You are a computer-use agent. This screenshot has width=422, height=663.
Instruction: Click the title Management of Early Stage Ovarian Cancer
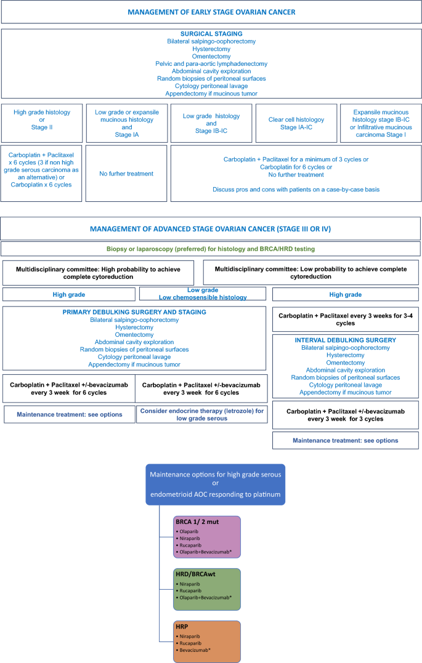coord(211,12)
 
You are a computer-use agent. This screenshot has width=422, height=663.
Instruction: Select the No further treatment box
coord(126,174)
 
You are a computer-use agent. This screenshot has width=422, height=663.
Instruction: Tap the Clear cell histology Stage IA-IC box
coord(296,123)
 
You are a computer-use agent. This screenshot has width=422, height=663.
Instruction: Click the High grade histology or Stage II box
coord(42,123)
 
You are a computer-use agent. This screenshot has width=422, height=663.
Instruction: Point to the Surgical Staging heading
coord(211,33)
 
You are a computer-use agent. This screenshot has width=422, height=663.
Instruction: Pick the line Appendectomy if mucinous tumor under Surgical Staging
coord(211,94)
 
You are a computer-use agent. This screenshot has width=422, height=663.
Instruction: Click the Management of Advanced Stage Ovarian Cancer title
coord(211,229)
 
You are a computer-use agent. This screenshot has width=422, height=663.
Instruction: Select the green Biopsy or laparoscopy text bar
coord(211,249)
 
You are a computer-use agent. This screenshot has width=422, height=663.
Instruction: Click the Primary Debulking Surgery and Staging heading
coord(134,312)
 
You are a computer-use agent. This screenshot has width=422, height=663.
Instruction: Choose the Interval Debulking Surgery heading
coord(346,340)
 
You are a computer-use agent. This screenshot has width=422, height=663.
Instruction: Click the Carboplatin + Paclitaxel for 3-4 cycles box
coord(346,319)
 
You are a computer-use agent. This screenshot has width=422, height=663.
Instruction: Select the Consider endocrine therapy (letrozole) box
coord(202,414)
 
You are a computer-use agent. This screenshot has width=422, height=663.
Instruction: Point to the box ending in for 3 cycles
coord(346,414)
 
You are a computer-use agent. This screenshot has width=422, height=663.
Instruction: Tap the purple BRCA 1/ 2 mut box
coord(207,537)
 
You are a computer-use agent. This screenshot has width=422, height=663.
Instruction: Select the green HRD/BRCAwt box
coord(207,589)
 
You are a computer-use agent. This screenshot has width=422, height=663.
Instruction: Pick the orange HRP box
coord(207,641)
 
